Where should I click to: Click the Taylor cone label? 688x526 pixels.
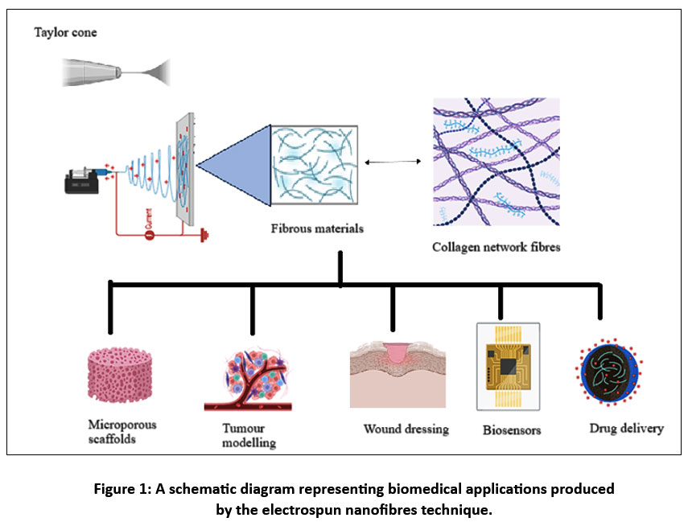pos(65,33)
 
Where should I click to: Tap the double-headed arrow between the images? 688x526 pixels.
pos(393,162)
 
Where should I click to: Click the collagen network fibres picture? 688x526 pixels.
pos(496,162)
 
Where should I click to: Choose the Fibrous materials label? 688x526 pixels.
pos(316,228)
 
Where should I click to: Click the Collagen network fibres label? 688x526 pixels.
pos(497,248)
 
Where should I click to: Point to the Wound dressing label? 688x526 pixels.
pos(405,428)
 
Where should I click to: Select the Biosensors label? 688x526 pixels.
pos(511,429)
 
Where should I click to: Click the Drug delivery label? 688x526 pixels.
pos(626,428)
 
